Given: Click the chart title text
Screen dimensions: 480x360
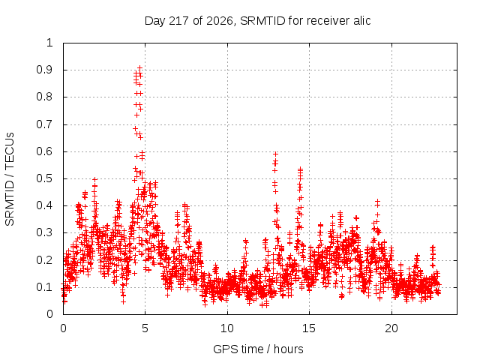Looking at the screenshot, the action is tap(257, 21).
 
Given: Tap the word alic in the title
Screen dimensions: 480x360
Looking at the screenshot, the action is tap(362, 20).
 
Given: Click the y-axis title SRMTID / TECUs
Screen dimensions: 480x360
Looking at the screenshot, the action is tap(10, 179).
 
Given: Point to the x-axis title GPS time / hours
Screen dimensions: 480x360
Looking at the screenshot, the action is tap(258, 349).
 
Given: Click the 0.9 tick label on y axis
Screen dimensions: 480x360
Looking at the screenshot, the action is tap(44, 70).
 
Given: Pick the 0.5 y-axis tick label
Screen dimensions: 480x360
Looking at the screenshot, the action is tap(44, 178).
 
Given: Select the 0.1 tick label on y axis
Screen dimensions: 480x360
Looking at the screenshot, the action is tap(44, 287).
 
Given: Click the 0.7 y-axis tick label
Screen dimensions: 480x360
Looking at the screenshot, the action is tap(44, 124).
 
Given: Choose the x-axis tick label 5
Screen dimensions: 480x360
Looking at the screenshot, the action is tap(145, 328).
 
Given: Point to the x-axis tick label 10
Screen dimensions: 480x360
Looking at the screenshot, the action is tap(226, 328).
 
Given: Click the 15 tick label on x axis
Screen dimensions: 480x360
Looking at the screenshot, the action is tap(309, 328).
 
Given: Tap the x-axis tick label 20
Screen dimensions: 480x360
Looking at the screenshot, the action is tap(391, 328).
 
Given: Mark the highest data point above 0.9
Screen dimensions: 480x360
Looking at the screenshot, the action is tap(140, 67).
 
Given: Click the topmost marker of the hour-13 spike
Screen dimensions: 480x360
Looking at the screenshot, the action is tap(275, 154).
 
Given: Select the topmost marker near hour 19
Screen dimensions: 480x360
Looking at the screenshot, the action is tap(377, 201).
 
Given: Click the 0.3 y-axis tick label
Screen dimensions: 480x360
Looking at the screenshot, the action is tap(44, 232).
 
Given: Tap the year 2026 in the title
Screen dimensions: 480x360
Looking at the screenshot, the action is tap(220, 21).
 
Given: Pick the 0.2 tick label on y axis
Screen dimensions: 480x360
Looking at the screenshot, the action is tap(44, 260).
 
